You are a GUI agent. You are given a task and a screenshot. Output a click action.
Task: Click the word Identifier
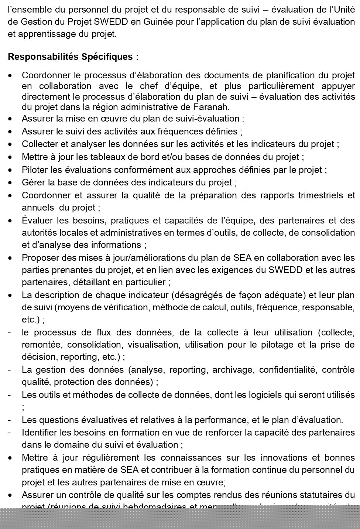[x=39, y=432]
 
